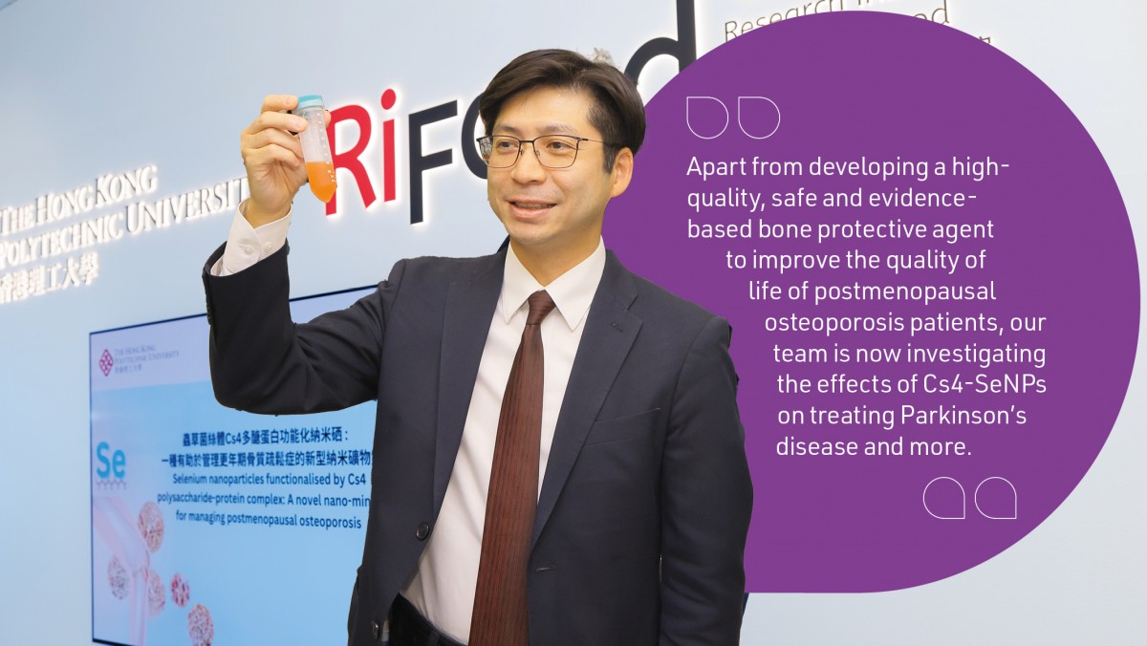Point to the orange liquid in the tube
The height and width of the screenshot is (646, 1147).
pos(321,179)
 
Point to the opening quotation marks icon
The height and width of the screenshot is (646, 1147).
pos(732,118)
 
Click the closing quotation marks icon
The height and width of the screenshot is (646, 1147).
pos(969,498)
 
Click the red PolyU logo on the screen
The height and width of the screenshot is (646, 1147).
pos(107,361)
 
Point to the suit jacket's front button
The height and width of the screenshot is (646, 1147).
pos(422,529)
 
